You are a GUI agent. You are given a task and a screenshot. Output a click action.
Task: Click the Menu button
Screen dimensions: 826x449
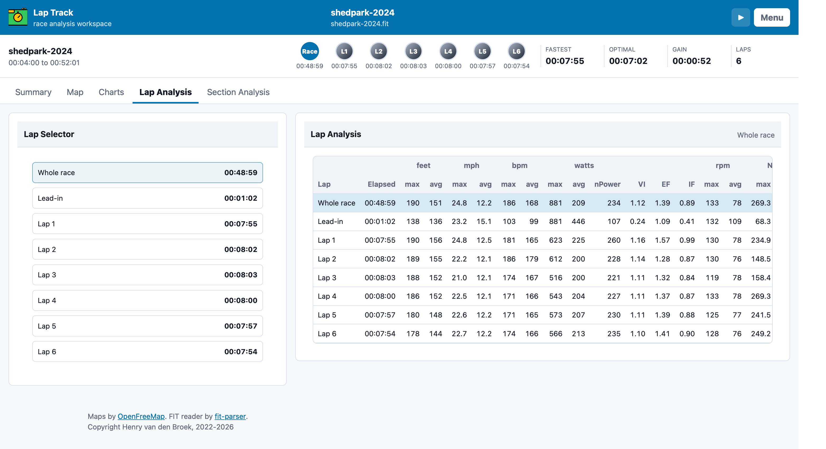click(772, 17)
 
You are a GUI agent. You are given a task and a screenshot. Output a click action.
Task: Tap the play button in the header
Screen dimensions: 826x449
click(740, 17)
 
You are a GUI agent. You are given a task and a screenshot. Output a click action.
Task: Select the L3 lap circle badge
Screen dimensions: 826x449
click(413, 51)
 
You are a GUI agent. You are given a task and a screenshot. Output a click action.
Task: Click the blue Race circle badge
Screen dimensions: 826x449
click(310, 51)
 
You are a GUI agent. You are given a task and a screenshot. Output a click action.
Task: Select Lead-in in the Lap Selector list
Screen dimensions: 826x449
click(148, 198)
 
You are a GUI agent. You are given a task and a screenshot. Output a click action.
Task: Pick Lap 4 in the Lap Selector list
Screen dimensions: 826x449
click(148, 301)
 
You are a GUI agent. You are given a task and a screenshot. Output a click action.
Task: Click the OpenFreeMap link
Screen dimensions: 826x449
click(141, 416)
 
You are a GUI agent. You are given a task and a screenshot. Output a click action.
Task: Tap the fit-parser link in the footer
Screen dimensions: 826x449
click(230, 416)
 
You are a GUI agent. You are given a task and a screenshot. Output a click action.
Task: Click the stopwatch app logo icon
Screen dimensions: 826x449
click(18, 17)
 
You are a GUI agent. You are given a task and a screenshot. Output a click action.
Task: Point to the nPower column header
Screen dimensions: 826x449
click(607, 184)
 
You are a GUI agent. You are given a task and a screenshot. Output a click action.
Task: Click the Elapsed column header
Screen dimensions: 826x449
click(381, 184)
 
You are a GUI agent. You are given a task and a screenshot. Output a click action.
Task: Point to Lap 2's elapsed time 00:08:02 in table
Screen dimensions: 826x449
click(380, 259)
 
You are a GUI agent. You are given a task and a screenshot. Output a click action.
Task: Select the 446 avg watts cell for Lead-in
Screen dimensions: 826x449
click(579, 221)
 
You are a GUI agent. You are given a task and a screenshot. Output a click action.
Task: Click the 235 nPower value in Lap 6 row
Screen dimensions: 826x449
click(614, 334)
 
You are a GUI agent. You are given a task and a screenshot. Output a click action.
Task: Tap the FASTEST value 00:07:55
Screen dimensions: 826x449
click(565, 61)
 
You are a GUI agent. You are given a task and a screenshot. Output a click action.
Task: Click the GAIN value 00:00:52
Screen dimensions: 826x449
click(692, 61)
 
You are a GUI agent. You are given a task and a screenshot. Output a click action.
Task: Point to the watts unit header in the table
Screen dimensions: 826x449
click(584, 166)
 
